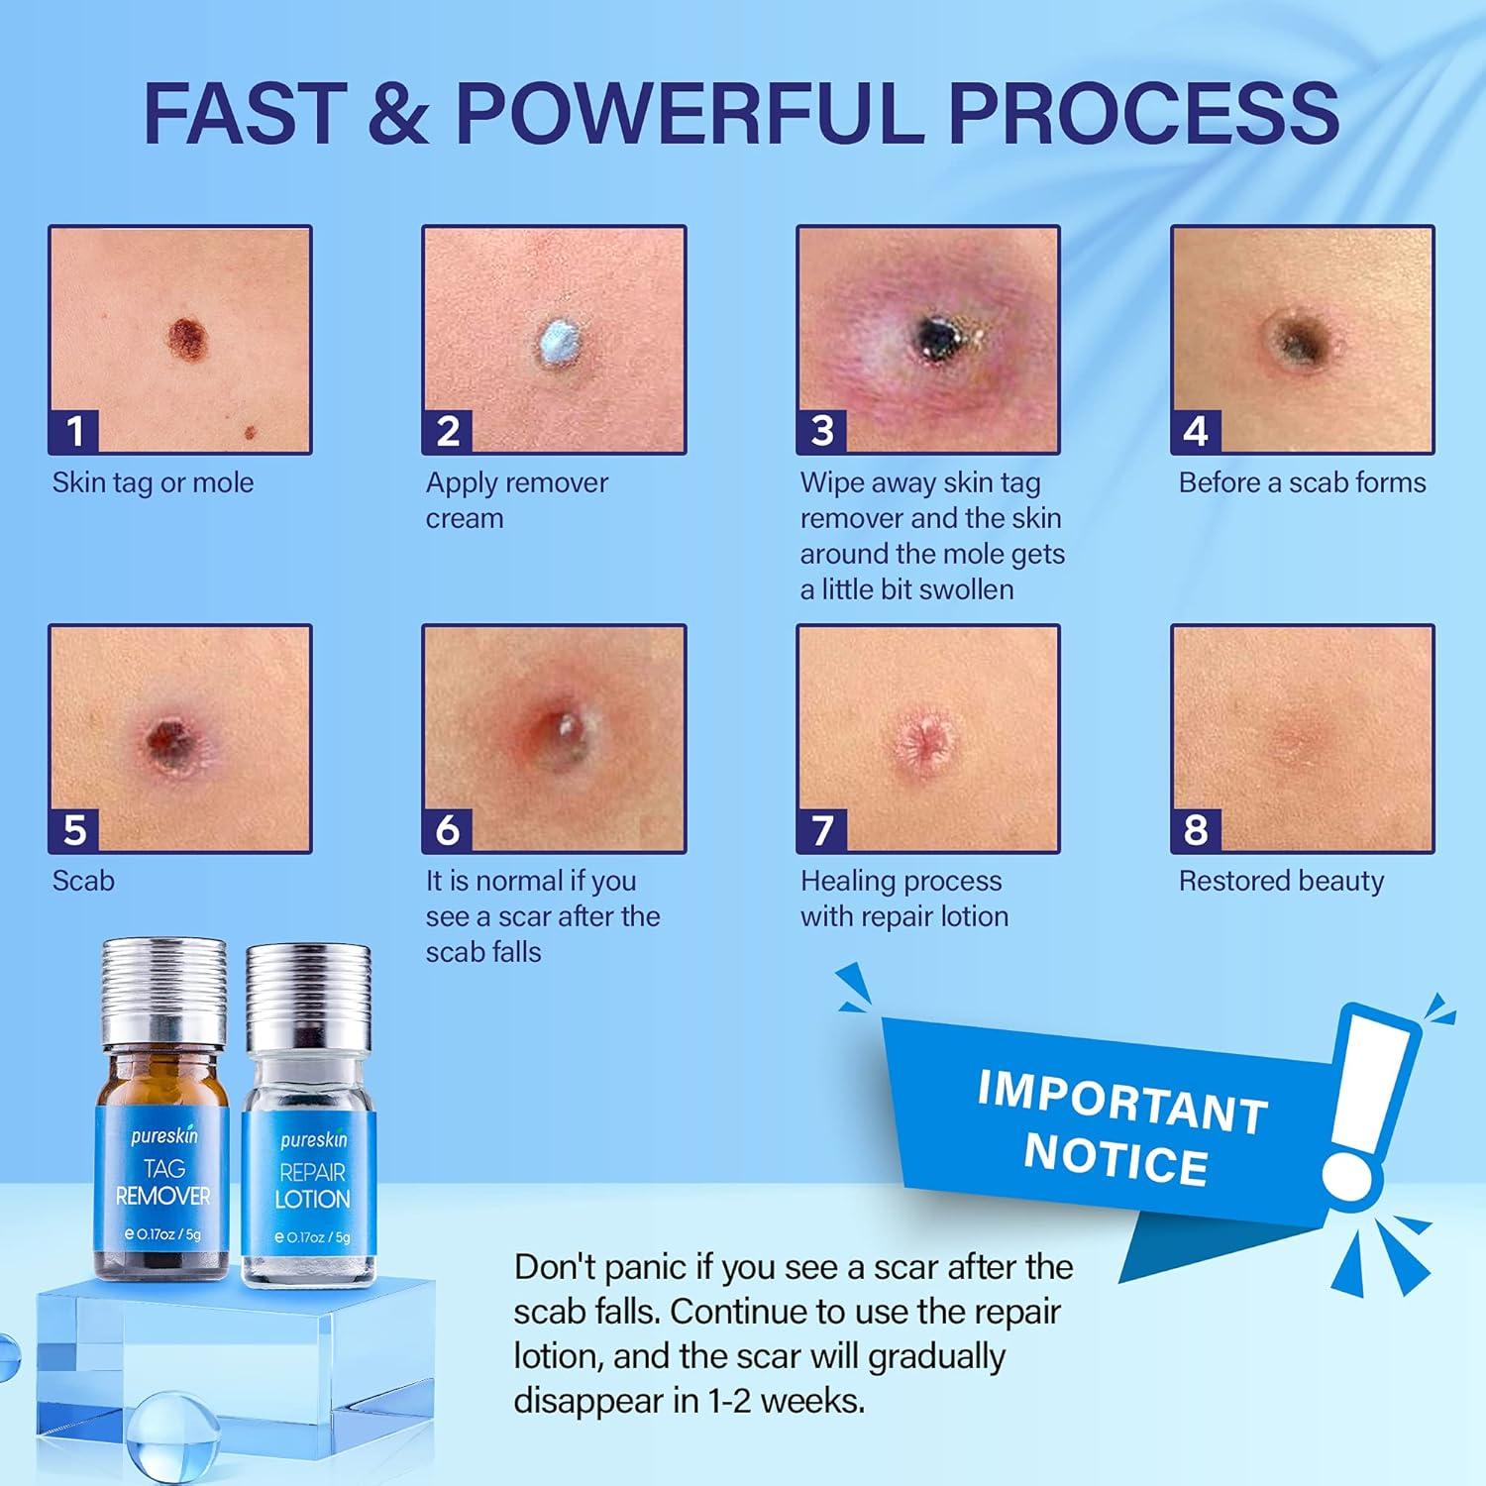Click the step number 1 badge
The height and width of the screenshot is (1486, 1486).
74,431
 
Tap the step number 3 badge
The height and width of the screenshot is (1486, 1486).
822,431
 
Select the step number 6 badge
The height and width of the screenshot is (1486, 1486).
448,829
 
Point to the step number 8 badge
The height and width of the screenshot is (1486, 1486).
1196,829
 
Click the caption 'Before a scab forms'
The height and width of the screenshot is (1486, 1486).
1302,482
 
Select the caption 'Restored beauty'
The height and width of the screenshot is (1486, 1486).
1281,881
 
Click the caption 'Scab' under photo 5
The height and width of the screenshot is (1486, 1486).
83,881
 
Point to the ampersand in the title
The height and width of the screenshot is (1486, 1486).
398,112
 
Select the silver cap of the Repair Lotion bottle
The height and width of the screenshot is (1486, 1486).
309,991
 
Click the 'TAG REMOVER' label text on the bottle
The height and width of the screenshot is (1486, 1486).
163,1183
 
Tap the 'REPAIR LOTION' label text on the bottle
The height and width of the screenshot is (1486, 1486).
312,1186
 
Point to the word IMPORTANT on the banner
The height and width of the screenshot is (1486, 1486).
1121,1101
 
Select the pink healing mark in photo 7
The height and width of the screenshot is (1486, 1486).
928,738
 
